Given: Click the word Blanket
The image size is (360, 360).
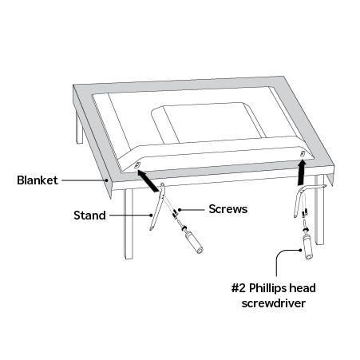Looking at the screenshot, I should coord(38,180).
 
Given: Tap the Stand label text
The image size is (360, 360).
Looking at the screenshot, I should coord(89,215).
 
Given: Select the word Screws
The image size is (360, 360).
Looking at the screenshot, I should coord(228,209).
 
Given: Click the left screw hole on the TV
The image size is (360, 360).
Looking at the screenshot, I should coord(137,166).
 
